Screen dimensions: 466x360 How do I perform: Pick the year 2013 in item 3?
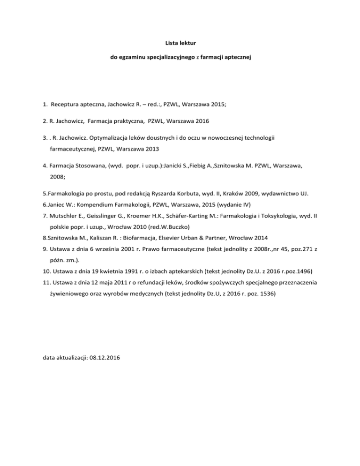(149, 149)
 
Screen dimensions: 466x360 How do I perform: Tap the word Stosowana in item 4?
(86, 165)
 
